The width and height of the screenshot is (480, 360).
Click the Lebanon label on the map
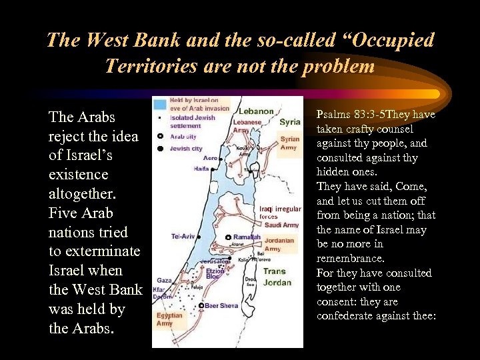[x=256, y=111]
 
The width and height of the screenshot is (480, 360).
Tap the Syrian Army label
[x=289, y=143]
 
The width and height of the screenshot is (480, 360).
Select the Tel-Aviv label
[x=184, y=237]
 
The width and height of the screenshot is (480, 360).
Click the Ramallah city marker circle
[x=227, y=237]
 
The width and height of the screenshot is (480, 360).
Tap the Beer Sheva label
[x=220, y=305]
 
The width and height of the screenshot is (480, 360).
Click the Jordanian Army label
[x=279, y=245]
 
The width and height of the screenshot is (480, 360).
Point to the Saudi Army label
[x=281, y=225]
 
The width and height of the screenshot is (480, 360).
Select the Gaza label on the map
[x=164, y=281]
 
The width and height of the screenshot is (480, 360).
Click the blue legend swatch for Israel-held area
[x=159, y=104]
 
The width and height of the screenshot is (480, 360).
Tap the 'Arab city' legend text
[x=184, y=137]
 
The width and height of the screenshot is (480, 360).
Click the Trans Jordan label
[x=277, y=277]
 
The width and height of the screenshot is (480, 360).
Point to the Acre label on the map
[x=210, y=159]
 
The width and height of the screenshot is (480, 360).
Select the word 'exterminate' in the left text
[x=94, y=251]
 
